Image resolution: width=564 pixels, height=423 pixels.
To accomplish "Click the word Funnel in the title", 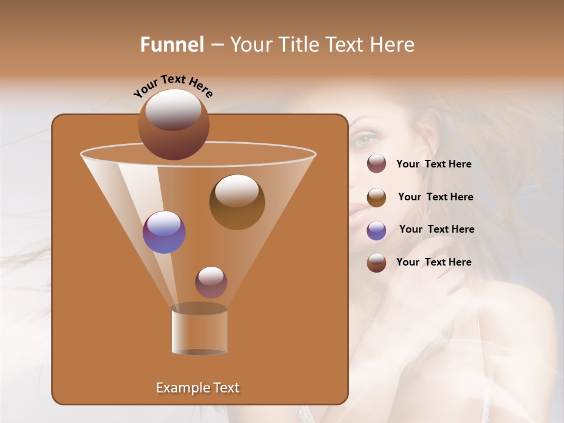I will tap(172, 45).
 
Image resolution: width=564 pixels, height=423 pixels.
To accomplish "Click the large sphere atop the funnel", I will tap(173, 124).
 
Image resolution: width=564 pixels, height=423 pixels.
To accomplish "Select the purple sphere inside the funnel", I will tap(164, 232).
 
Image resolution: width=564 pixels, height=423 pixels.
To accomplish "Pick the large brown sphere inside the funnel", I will tap(237, 202).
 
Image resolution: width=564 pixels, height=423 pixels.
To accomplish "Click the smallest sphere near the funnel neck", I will tap(211, 282).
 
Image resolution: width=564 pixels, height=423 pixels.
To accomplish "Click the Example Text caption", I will tap(197, 388).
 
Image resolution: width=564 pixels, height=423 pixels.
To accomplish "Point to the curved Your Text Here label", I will tap(173, 86).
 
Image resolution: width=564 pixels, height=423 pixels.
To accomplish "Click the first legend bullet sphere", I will tap(377, 164).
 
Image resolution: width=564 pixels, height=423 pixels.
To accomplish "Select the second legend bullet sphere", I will tap(377, 197).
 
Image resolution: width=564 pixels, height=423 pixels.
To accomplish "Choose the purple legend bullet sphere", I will tap(377, 230).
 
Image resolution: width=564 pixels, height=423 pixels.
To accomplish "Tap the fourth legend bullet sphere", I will tap(377, 263).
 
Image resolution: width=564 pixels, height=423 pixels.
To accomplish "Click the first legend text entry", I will tap(434, 164).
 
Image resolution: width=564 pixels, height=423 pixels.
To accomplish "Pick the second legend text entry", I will tap(435, 197).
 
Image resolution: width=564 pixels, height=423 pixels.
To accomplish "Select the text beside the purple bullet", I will tap(437, 230).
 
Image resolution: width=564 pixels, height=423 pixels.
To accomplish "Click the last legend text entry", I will tap(434, 262).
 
